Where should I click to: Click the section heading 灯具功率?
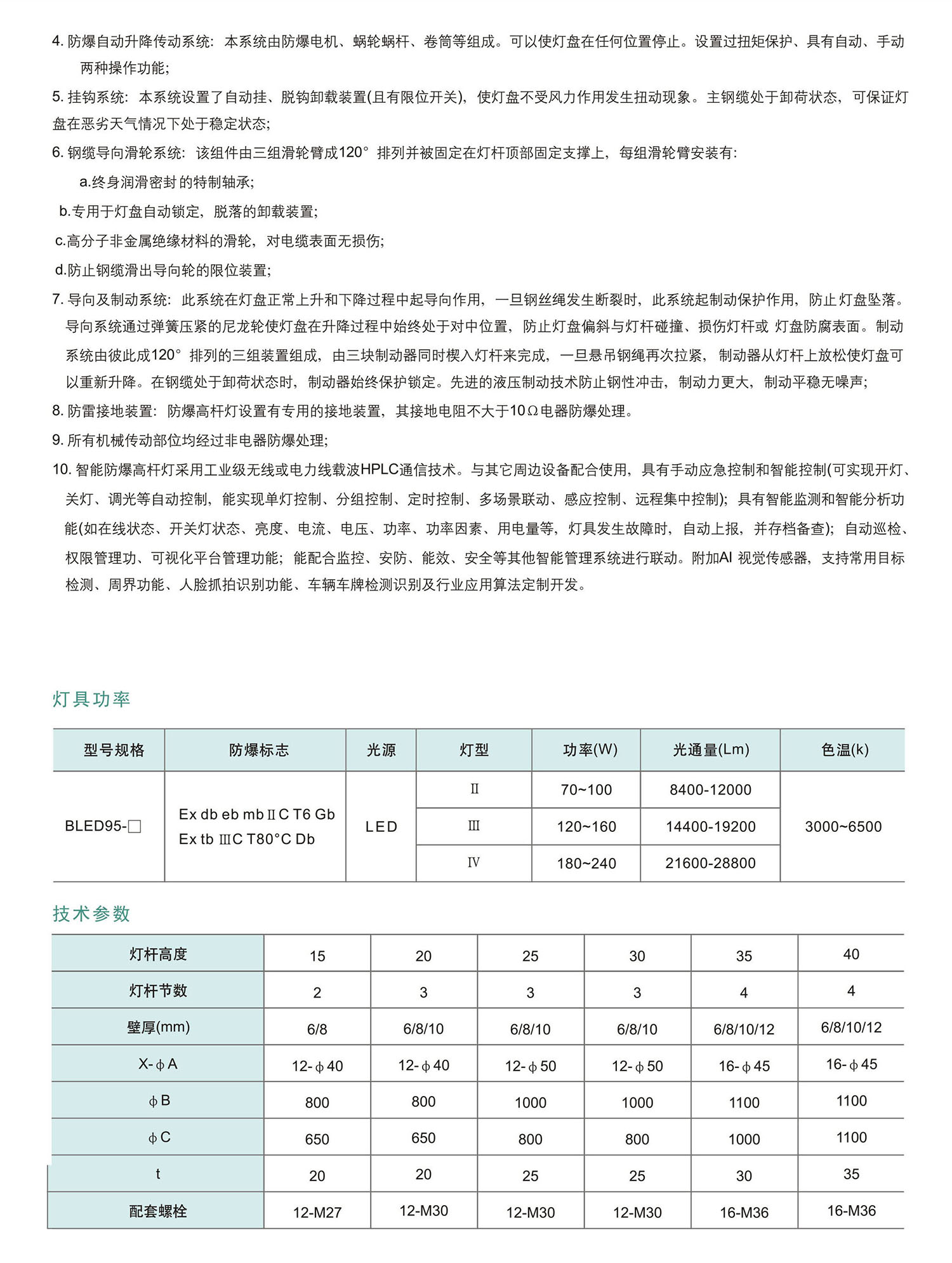[x=91, y=699]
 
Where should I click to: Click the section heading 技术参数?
[x=91, y=914]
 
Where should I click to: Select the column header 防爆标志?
[x=258, y=750]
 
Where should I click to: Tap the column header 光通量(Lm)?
[x=711, y=750]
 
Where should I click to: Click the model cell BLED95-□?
[x=103, y=826]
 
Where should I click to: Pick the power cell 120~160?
[x=586, y=827]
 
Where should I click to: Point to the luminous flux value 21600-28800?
[x=710, y=863]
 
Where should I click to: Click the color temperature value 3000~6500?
[x=843, y=827]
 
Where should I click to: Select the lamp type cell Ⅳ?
[x=473, y=862]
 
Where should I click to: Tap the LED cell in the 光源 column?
[x=381, y=827]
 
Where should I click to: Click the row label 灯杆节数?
[x=158, y=991]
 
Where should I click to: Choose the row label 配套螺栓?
[x=158, y=1212]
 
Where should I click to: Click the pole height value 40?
[x=851, y=954]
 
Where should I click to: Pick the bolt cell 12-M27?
[x=317, y=1212]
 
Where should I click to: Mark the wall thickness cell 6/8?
[x=317, y=1029]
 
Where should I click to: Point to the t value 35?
[x=851, y=1174]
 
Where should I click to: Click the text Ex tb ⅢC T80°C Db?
[x=247, y=839]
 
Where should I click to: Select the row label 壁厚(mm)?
[x=158, y=1027]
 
